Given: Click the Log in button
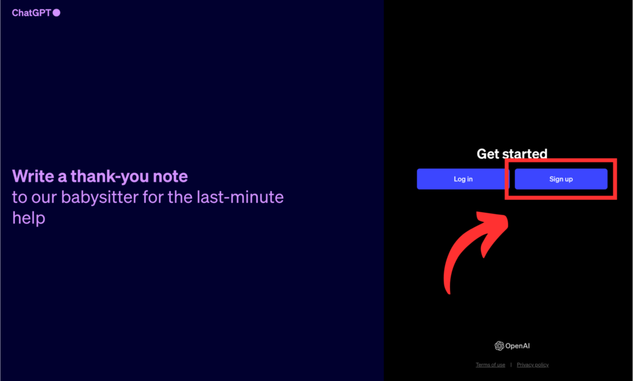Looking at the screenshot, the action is pos(463,179).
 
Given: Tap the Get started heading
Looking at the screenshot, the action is pos(512,153).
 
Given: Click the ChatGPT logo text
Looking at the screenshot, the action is pos(32,13).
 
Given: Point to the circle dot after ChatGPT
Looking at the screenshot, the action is pos(56,13).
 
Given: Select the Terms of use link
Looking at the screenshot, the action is pos(490,365).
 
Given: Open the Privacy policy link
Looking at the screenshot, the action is pos(532,365).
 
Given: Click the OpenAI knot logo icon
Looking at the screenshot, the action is pos(499,346).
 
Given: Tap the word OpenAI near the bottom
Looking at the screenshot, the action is pos(517,346).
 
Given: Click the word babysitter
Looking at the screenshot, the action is pos(100,197).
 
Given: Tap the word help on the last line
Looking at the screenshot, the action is pos(28,218).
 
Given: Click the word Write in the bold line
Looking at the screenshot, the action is pos(33,176).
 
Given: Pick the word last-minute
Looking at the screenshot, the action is pos(240,197).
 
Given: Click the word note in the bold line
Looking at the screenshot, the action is pos(171,176).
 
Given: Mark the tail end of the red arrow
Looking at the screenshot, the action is pos(448,292).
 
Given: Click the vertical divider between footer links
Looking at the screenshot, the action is pos(511,365).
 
